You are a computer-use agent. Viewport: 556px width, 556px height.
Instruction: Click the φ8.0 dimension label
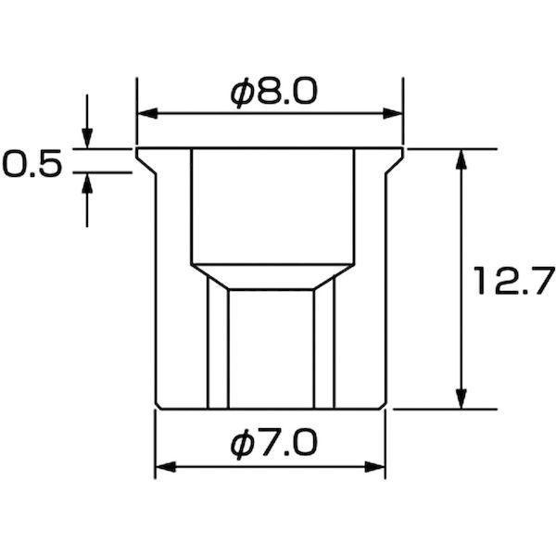point(273,92)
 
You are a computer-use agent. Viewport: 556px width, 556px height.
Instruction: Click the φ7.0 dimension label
point(273,444)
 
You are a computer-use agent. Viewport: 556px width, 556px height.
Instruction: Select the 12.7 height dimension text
point(514,281)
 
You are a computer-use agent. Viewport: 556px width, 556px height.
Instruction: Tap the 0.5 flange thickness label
point(32,163)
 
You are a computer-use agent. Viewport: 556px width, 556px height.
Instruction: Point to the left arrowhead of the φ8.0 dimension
point(147,114)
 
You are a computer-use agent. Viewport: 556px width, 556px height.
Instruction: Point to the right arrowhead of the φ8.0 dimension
point(393,114)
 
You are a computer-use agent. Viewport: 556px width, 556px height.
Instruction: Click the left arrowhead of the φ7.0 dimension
point(166,467)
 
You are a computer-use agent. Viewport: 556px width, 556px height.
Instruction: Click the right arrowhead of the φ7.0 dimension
point(374,467)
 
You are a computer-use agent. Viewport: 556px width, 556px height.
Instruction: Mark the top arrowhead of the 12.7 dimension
point(461,159)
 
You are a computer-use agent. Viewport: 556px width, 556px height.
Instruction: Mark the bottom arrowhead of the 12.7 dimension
point(461,398)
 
